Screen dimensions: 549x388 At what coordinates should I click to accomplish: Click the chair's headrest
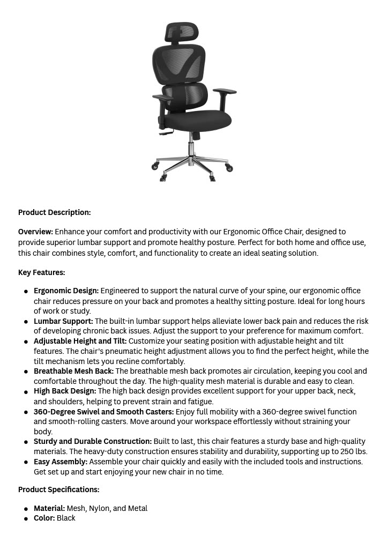(182, 34)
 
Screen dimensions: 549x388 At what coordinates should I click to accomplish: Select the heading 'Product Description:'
(54, 212)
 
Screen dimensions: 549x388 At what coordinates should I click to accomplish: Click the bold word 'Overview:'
(35, 232)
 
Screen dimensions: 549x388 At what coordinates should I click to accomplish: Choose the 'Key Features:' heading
(41, 272)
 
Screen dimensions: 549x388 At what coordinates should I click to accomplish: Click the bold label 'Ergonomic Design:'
(66, 291)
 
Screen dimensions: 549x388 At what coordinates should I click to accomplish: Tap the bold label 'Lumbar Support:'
(63, 321)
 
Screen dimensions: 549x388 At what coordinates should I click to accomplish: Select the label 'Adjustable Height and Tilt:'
(80, 341)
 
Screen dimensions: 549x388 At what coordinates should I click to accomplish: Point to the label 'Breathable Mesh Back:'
(73, 371)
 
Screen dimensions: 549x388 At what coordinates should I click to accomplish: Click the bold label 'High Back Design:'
(65, 391)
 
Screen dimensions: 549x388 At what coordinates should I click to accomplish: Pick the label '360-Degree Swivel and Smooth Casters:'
(103, 412)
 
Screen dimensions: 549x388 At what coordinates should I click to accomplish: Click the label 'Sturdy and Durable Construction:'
(92, 442)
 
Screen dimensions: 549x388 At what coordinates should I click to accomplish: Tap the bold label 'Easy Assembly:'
(60, 462)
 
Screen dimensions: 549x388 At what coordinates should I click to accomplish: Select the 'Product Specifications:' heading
(58, 489)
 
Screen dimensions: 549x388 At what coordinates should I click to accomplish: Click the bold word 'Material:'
(49, 508)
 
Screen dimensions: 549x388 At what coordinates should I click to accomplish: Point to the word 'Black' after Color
(66, 518)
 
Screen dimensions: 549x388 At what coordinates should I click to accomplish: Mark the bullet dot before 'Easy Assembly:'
(26, 462)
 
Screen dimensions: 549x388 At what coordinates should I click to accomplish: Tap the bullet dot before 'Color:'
(26, 518)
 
